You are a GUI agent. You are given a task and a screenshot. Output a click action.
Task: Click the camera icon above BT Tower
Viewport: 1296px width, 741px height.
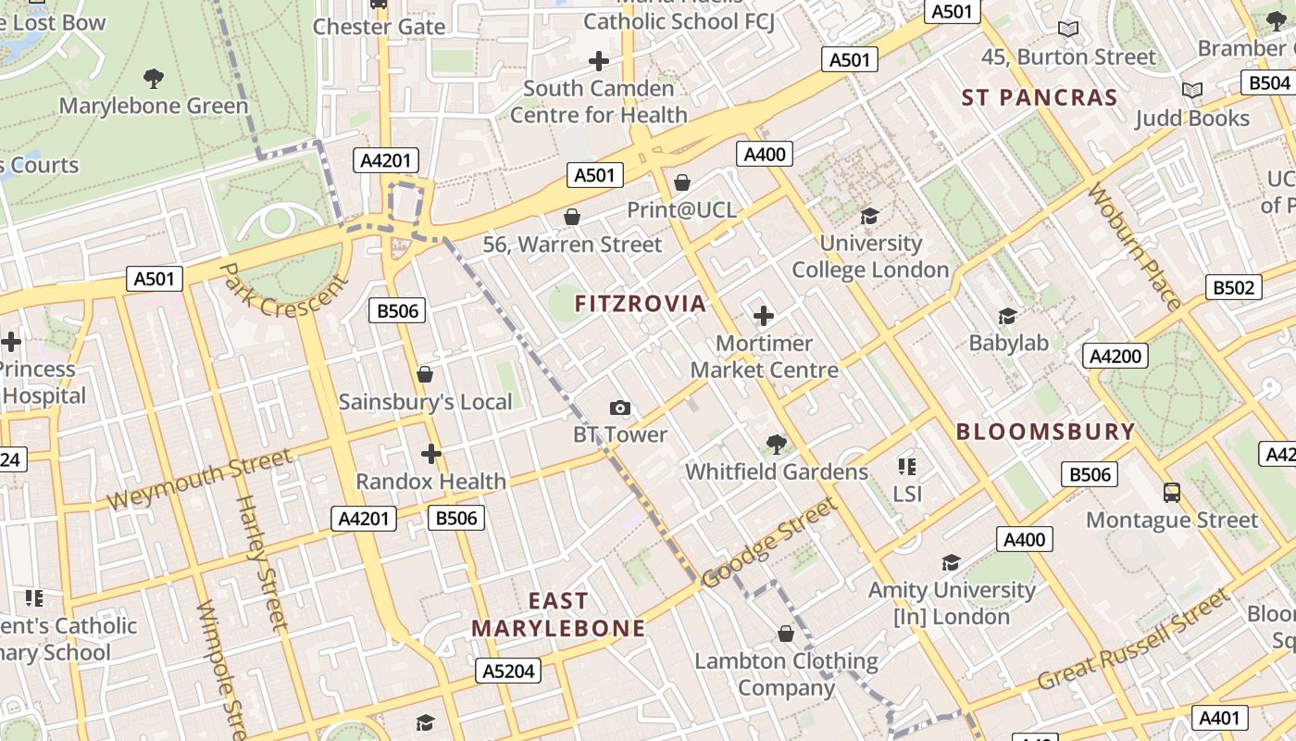(620, 408)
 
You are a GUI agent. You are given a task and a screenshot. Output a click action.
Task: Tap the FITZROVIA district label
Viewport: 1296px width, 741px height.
(641, 304)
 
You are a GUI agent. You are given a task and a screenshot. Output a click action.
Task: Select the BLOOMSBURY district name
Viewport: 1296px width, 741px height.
(1045, 432)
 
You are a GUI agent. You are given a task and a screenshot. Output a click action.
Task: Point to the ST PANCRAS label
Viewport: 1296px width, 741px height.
(1039, 97)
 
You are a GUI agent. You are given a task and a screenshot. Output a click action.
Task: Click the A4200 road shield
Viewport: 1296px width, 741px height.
(1115, 356)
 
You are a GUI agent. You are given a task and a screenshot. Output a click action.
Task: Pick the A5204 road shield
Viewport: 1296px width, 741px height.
(508, 671)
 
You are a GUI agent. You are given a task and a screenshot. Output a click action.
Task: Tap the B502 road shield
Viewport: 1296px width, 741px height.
(1234, 287)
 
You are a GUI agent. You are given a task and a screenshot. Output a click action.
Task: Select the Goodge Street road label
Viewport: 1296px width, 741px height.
(769, 543)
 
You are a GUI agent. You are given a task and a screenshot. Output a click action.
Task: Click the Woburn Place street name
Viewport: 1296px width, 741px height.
(1134, 246)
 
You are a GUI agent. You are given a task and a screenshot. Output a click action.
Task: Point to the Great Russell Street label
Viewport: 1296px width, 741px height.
(1133, 640)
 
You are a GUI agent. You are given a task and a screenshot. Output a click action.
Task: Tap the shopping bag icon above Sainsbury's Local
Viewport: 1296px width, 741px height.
(425, 374)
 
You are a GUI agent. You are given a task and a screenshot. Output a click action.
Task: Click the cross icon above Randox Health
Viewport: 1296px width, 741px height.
(430, 454)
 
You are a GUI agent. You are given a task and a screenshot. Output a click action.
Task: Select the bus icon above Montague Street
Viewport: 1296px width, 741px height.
(1172, 492)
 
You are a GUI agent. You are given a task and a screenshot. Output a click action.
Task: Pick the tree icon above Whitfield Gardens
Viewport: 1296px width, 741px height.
(776, 445)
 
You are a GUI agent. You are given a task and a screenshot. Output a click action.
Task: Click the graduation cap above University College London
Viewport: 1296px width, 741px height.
(869, 216)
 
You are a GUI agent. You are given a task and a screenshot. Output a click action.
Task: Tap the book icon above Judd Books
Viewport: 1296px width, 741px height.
(1192, 90)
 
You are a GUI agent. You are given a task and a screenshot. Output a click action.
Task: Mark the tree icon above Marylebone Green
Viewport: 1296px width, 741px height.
(154, 78)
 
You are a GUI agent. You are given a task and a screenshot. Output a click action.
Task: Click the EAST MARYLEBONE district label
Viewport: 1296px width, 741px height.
(558, 615)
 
